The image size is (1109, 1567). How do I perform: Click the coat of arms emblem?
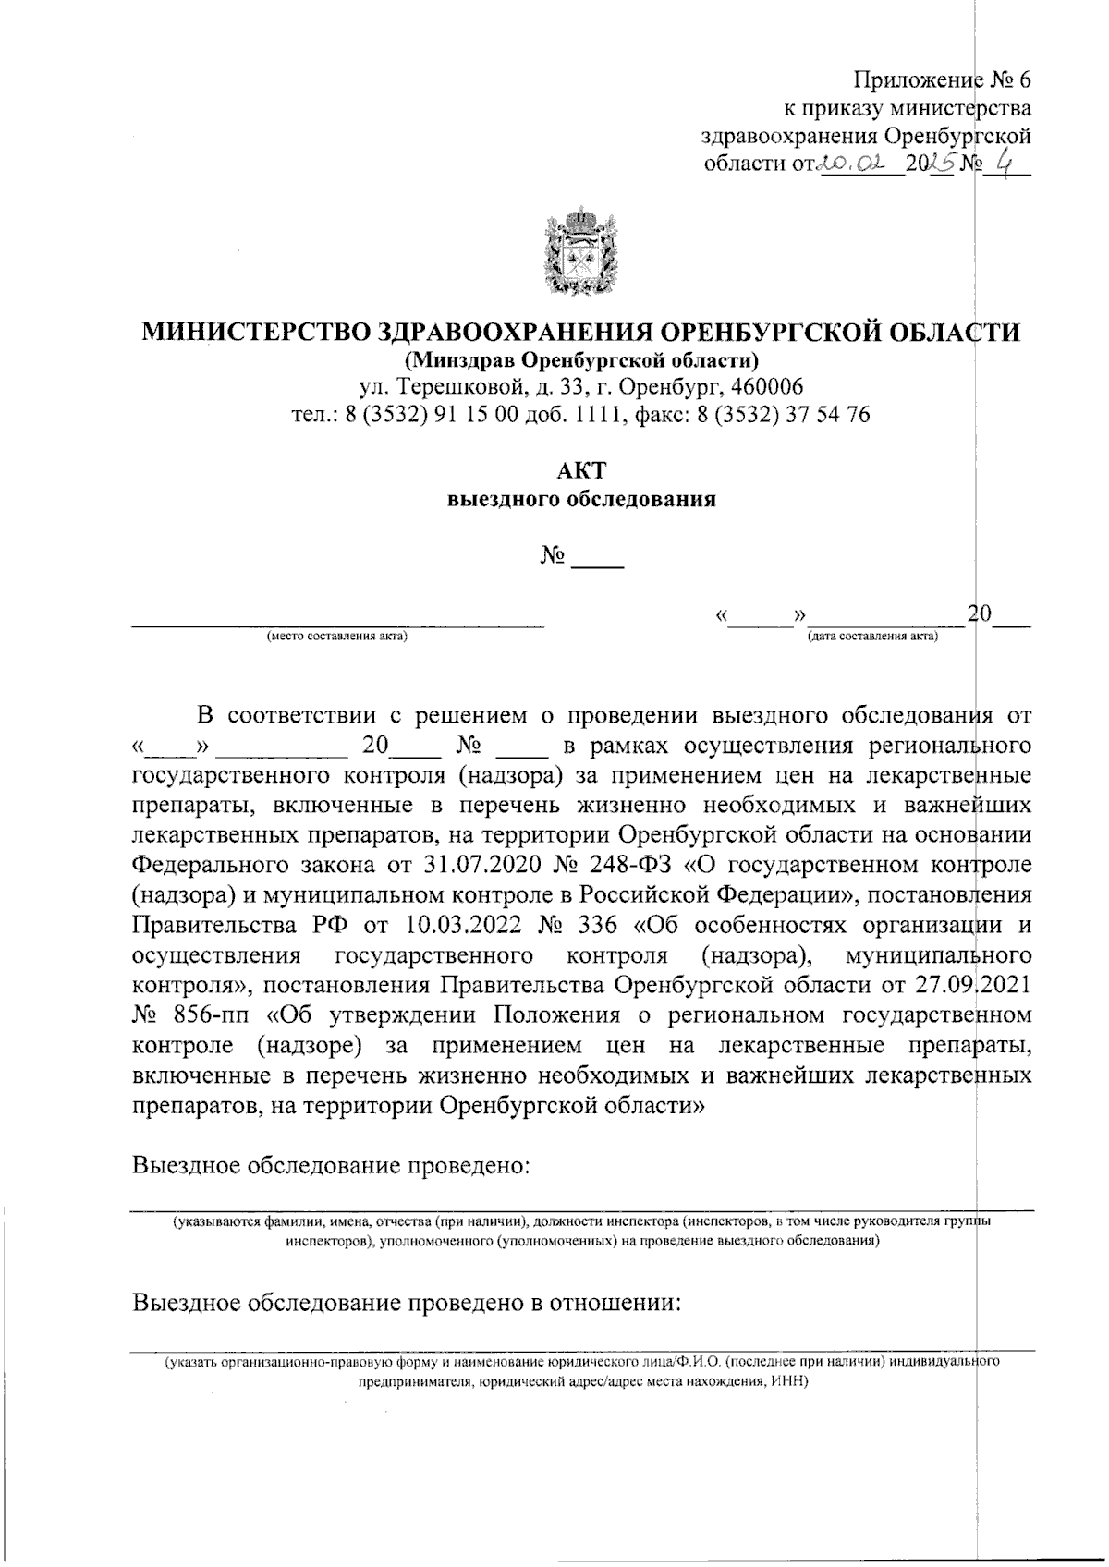click(x=580, y=252)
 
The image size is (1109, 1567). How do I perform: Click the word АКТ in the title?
click(x=581, y=469)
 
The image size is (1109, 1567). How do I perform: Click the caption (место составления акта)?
click(x=337, y=637)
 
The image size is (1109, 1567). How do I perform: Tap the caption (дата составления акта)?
click(x=872, y=637)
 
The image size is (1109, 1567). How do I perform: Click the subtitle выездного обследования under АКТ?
click(x=581, y=500)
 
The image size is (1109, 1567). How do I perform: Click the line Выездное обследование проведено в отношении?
click(x=407, y=1303)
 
